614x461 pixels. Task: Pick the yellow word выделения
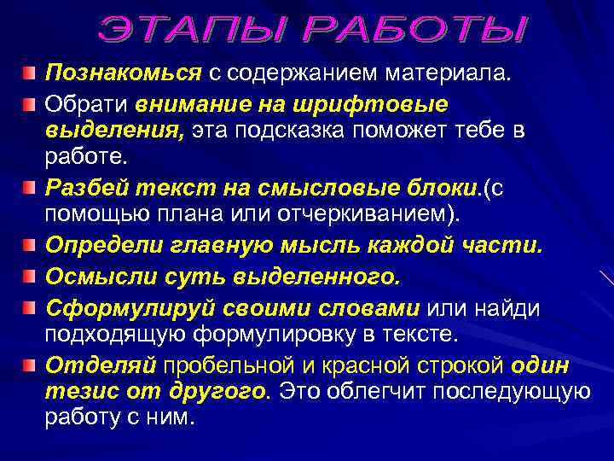[x=115, y=131]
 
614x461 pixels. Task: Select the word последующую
[x=511, y=392]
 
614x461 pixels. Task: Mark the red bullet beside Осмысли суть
[x=30, y=276]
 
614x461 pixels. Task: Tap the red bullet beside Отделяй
[x=30, y=365]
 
